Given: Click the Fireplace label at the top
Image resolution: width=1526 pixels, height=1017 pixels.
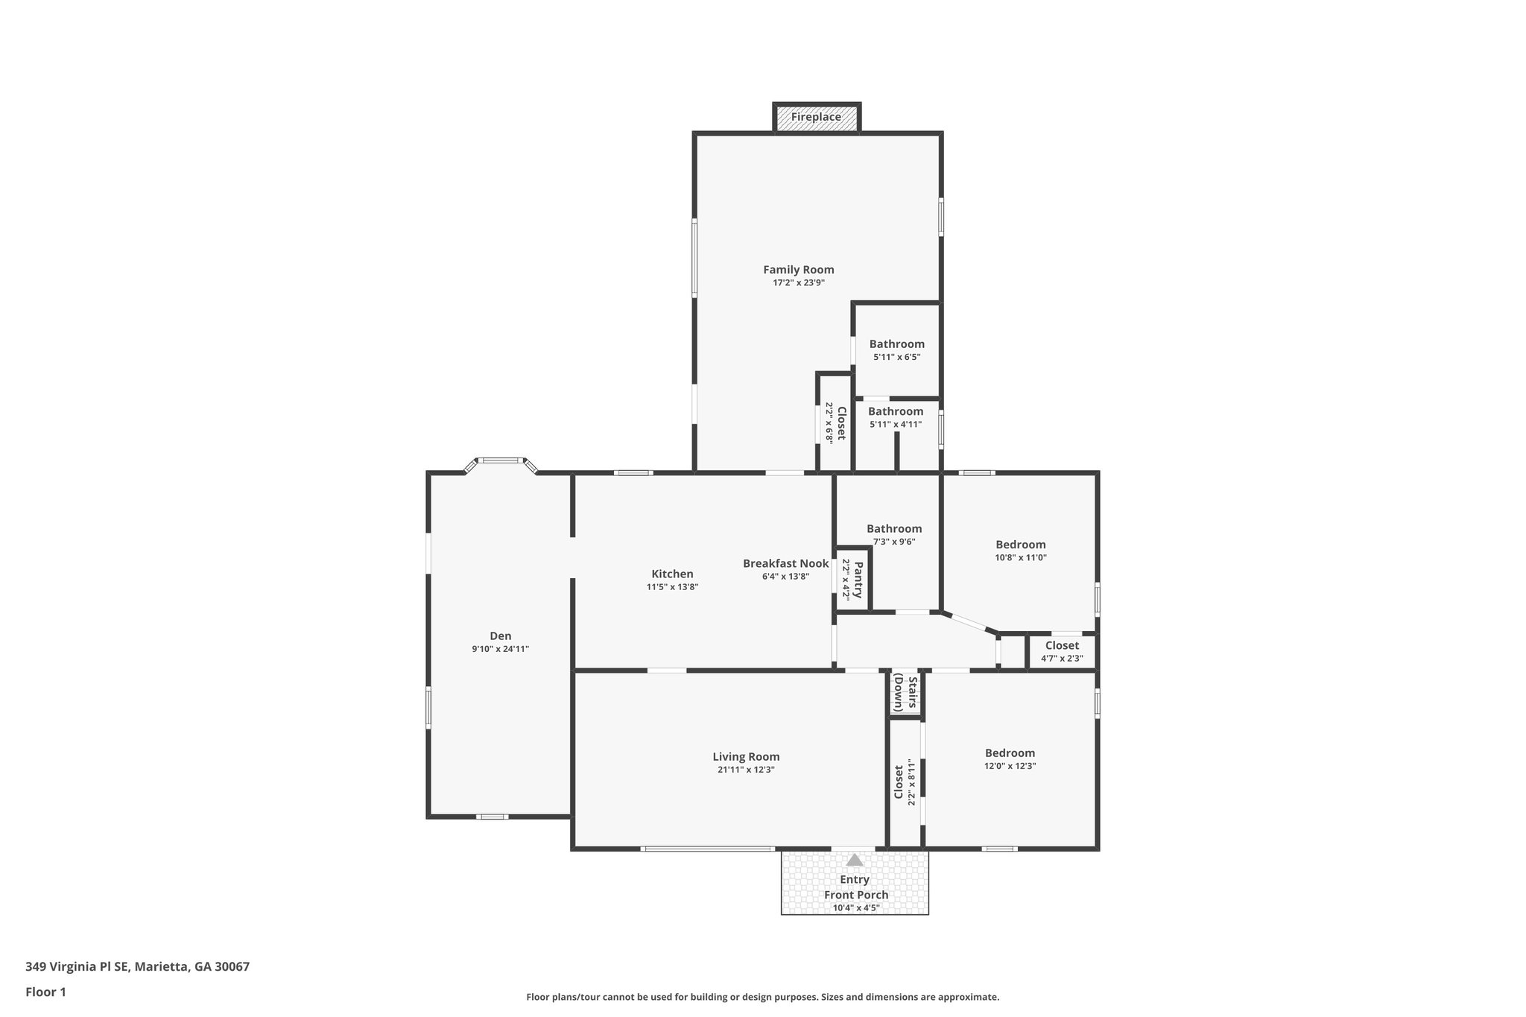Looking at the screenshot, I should tap(816, 117).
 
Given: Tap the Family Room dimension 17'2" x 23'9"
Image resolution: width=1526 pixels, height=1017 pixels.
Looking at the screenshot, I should tap(798, 283).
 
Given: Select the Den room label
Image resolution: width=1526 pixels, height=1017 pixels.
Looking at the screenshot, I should tap(500, 636).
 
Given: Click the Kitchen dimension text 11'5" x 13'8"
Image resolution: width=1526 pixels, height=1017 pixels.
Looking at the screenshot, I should tap(672, 587).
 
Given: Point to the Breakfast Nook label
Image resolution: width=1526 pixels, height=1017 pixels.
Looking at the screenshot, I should tap(785, 563).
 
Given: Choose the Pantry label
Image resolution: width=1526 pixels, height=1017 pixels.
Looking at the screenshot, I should tap(857, 580).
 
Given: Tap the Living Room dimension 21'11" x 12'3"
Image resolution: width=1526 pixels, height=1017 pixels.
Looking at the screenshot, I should tap(746, 770).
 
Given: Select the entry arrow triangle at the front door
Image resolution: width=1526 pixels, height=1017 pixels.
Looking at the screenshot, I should tap(855, 860).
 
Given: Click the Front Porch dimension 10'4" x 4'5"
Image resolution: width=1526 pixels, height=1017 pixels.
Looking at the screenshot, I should tap(856, 907).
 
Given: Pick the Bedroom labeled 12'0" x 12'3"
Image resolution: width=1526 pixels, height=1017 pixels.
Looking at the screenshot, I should tap(1010, 753).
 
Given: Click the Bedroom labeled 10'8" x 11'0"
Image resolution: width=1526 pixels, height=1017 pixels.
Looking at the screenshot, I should tap(1020, 545).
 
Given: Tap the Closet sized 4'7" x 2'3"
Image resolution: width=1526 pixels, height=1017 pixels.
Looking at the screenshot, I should tap(1062, 645).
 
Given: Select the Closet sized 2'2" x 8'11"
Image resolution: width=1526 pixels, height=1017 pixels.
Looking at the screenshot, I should tap(899, 782).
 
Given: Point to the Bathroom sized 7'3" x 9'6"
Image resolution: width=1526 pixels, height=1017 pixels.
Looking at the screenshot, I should tap(894, 529).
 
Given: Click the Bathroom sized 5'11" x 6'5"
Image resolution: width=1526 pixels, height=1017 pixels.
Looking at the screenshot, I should tap(896, 344).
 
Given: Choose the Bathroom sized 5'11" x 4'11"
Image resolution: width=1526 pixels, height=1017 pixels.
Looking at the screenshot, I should tap(895, 411).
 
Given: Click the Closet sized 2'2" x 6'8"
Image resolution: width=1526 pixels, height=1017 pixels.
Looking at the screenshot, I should tap(840, 423).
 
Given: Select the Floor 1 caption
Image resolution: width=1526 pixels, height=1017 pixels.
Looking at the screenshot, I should tap(45, 992).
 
